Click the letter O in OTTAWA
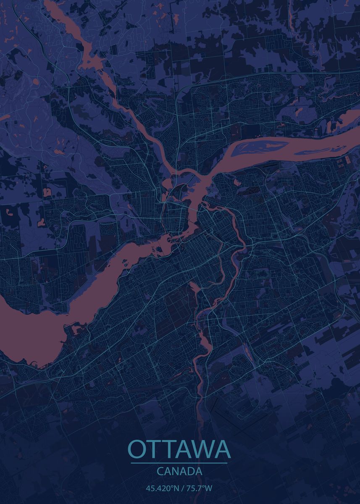[x=137, y=449]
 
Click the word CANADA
[x=179, y=471]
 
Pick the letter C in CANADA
[x=160, y=471]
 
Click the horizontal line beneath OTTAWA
[x=179, y=463]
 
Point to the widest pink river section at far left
[x=25, y=332]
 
